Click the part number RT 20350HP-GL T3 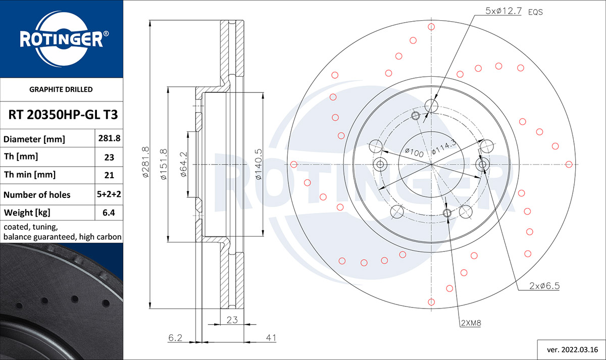[x=63, y=115]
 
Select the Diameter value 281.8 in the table [x=109, y=138]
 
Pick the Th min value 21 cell [x=109, y=175]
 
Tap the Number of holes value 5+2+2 [x=109, y=194]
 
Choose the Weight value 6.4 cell [x=109, y=213]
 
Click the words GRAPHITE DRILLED [x=61, y=89]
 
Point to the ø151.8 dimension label [x=164, y=164]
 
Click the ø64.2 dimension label [x=183, y=165]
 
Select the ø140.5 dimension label [x=259, y=164]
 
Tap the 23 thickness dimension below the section [x=232, y=320]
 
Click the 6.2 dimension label [x=175, y=338]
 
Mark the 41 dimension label [x=271, y=338]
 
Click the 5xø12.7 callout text [x=503, y=11]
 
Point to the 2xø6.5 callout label [x=544, y=286]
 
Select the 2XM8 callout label [x=471, y=323]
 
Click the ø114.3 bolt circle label [x=444, y=147]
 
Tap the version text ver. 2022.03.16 [x=573, y=350]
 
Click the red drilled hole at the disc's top [x=431, y=27]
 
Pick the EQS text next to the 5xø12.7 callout [x=535, y=12]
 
